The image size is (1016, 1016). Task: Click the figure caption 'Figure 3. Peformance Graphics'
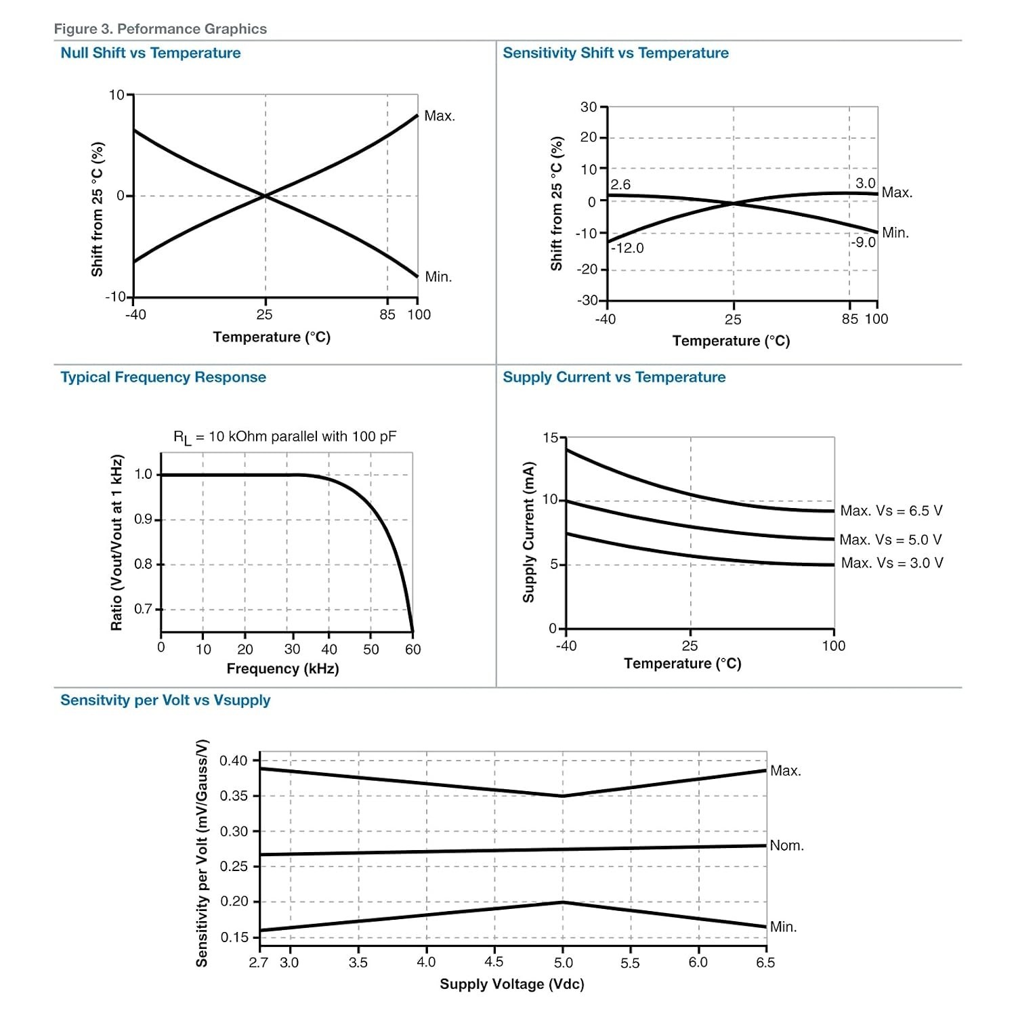click(161, 29)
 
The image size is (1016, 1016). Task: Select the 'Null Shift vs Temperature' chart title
click(150, 53)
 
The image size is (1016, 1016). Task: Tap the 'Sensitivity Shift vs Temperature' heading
click(616, 53)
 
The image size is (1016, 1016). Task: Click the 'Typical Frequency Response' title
click(163, 377)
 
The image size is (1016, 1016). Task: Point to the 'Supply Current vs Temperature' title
click(614, 377)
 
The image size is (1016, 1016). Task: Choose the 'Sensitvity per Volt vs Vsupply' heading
click(165, 700)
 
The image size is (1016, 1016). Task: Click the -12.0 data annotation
click(627, 249)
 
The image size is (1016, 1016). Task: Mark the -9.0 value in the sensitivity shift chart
click(864, 242)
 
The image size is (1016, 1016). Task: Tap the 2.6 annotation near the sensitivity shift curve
click(620, 185)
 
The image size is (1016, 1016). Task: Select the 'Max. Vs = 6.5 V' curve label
click(891, 511)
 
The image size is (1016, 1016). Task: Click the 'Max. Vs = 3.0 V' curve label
click(892, 563)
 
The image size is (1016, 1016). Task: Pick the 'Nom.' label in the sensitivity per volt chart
click(787, 845)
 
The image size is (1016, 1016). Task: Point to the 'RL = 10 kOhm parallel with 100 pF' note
click(285, 438)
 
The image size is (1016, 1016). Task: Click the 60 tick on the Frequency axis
click(413, 650)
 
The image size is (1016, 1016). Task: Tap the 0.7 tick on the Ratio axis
click(143, 609)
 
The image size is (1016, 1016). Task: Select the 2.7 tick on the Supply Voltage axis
click(259, 962)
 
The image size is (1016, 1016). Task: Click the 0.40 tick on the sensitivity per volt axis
click(234, 761)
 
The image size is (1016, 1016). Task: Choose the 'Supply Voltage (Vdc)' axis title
click(512, 984)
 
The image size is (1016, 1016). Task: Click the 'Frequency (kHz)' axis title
click(282, 669)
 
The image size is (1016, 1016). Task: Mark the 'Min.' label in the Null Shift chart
click(438, 277)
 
